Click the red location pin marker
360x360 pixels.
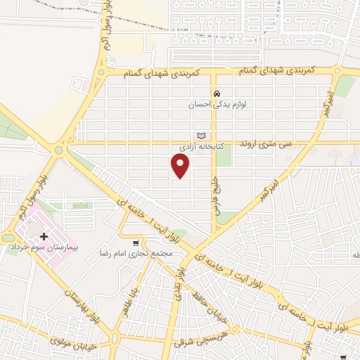(x=181, y=165)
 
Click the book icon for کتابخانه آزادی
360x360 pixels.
(x=202, y=135)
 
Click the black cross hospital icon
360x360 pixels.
(x=45, y=237)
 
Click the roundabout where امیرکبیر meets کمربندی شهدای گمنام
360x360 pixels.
(x=338, y=70)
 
